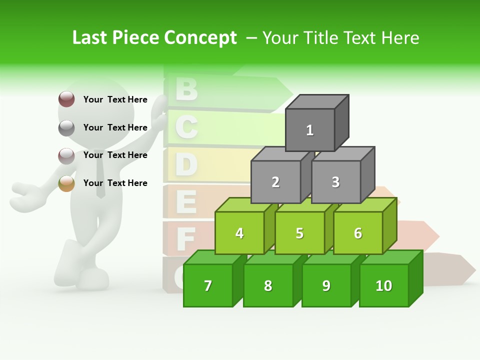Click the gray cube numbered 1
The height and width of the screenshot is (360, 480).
[310, 130]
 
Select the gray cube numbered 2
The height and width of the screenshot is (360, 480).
[275, 182]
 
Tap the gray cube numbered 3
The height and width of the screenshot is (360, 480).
[335, 182]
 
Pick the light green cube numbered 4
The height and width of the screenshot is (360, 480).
[239, 233]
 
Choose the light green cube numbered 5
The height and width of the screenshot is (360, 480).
[299, 233]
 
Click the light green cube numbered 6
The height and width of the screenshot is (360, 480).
[358, 233]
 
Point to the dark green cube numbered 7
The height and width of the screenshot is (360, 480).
[208, 285]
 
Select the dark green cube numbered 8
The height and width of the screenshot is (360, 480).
[268, 285]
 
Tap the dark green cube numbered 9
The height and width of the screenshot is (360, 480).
[326, 285]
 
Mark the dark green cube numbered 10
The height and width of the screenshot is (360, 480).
[384, 285]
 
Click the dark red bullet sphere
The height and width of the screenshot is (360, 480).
[66, 99]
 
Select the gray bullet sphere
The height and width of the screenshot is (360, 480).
[66, 128]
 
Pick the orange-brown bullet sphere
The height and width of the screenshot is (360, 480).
[66, 183]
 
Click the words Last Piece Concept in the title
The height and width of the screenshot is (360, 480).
[154, 37]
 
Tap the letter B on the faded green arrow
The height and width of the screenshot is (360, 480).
[187, 89]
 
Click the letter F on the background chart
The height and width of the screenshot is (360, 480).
[185, 239]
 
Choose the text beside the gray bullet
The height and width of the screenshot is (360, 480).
[115, 127]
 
